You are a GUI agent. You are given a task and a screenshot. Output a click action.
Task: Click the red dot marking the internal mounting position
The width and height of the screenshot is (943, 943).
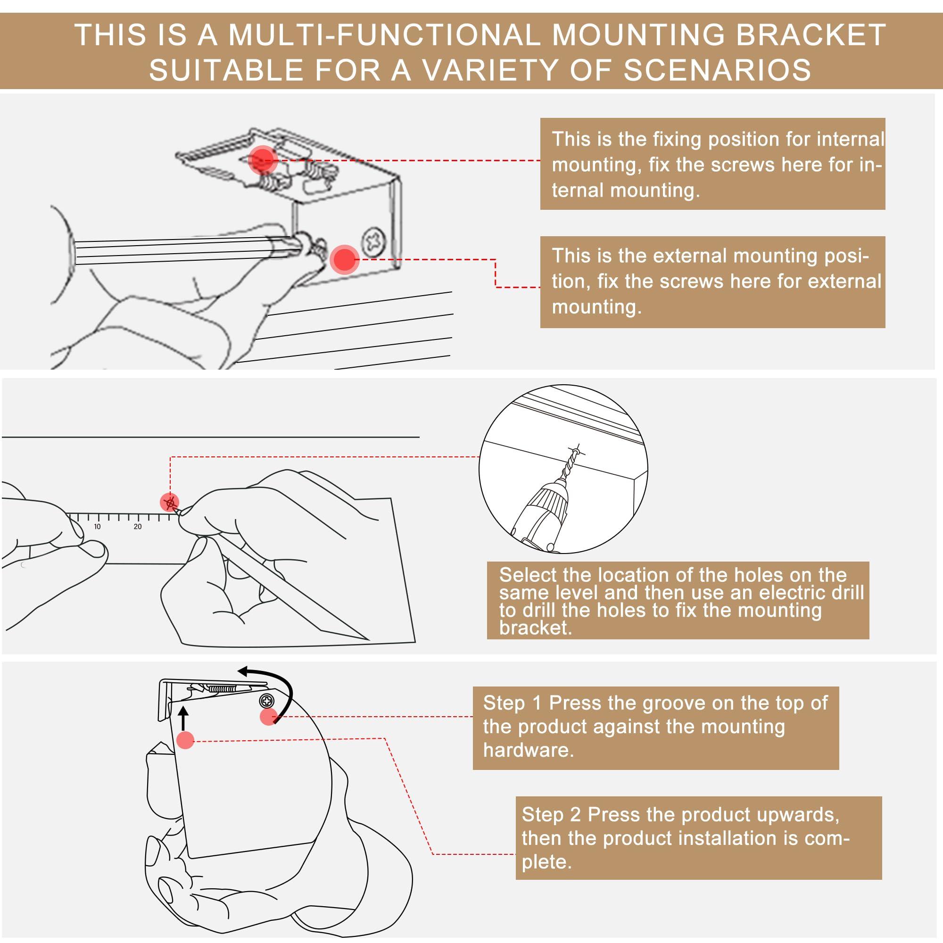(x=263, y=158)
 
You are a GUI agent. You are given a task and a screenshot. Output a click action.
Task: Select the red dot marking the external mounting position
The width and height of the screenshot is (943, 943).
(x=345, y=259)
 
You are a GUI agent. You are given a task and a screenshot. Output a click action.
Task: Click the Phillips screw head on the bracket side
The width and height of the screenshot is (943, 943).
(x=373, y=241)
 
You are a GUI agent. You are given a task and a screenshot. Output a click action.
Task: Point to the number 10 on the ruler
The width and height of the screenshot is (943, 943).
(x=97, y=527)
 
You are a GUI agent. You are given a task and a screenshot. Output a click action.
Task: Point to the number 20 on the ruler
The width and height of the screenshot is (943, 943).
(x=138, y=527)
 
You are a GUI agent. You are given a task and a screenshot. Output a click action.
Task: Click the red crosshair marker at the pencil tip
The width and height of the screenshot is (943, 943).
(x=170, y=502)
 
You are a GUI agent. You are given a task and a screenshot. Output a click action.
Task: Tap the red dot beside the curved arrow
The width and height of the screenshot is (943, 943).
(x=268, y=717)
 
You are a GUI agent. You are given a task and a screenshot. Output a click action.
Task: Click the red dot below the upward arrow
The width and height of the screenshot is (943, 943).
(x=185, y=740)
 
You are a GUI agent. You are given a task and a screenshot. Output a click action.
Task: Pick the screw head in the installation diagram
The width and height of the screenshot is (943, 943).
(x=266, y=701)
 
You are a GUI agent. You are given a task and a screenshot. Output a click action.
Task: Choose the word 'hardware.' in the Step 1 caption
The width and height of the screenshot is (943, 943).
(x=528, y=750)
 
